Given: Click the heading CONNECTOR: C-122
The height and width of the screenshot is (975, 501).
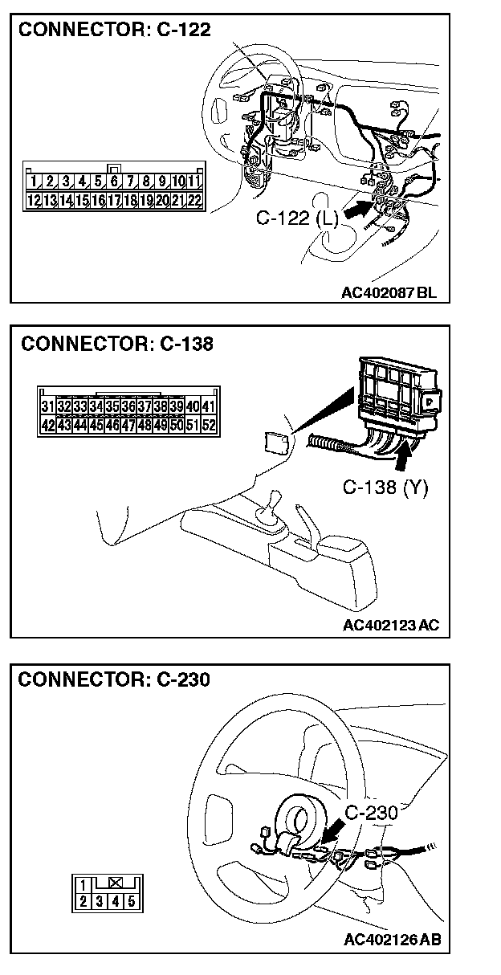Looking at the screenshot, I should coord(114,31).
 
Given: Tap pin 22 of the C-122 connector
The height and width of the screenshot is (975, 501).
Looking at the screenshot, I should coord(193,199).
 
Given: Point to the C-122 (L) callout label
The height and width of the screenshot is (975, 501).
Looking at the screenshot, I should coord(294,218).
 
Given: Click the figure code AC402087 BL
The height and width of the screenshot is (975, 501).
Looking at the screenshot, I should coord(389,292).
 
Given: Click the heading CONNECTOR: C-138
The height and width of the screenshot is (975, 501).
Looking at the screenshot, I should coord(117,345).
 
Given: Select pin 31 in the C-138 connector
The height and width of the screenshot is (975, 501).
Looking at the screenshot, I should coord(47,408).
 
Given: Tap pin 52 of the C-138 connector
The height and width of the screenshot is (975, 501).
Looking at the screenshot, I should coord(209,425).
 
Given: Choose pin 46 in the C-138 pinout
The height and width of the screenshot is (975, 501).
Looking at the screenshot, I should coord(112,425).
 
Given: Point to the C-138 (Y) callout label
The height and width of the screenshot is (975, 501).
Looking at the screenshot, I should coord(385,488).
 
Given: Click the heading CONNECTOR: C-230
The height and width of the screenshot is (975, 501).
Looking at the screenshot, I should coord(113,679).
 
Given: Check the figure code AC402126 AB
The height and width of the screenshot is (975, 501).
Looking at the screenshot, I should coord(391,940).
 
